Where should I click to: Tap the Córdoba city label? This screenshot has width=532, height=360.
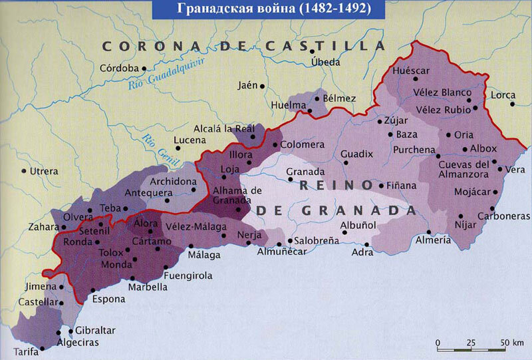pos(118,68)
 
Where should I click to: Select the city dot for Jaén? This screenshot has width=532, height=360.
pos(263,86)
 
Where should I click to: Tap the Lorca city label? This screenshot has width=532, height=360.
pos(503,95)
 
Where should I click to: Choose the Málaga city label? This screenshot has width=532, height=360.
pos(203,254)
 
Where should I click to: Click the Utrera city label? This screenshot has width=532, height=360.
pos(45,171)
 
